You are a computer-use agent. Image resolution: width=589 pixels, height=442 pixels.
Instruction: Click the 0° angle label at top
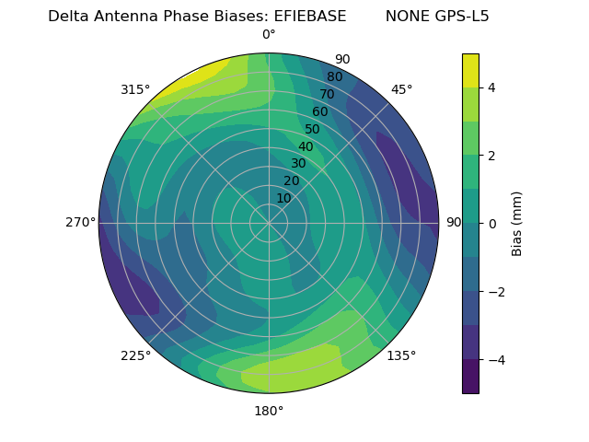tap(269, 35)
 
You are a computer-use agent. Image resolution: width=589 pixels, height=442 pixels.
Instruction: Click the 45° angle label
tap(402, 89)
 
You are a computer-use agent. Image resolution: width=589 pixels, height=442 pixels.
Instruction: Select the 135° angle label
tap(401, 355)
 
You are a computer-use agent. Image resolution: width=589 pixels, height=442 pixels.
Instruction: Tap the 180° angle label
tap(269, 411)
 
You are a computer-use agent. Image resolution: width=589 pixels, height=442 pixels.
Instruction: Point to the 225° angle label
tap(135, 356)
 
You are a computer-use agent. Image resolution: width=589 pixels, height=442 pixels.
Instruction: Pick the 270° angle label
tap(80, 223)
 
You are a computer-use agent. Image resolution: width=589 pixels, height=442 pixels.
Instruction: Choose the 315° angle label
tap(135, 89)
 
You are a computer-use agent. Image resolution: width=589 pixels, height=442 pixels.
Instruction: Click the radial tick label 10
tap(283, 198)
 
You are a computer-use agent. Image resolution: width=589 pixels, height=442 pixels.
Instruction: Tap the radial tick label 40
tap(306, 146)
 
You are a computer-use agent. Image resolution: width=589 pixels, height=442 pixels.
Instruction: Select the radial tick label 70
tap(327, 94)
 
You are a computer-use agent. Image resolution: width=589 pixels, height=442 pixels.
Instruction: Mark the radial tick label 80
tap(334, 76)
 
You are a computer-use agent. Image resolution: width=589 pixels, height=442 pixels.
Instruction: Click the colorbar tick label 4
tap(492, 87)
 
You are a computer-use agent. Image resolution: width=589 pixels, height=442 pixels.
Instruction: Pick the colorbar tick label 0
tap(492, 223)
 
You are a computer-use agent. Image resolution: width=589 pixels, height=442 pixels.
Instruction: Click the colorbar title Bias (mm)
tap(517, 223)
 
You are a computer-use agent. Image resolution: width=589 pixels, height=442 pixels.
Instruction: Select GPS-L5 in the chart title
tap(459, 16)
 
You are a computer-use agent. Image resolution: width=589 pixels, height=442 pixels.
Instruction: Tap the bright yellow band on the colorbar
tap(470, 70)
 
